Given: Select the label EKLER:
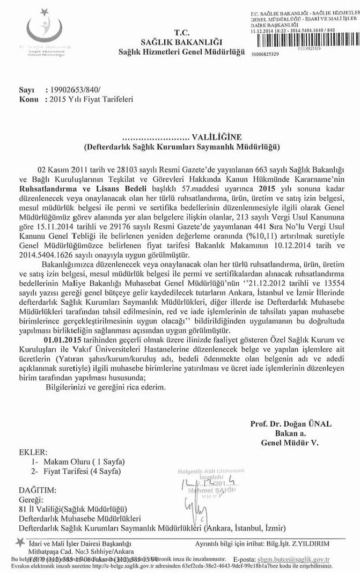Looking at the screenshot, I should coord(33,452).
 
